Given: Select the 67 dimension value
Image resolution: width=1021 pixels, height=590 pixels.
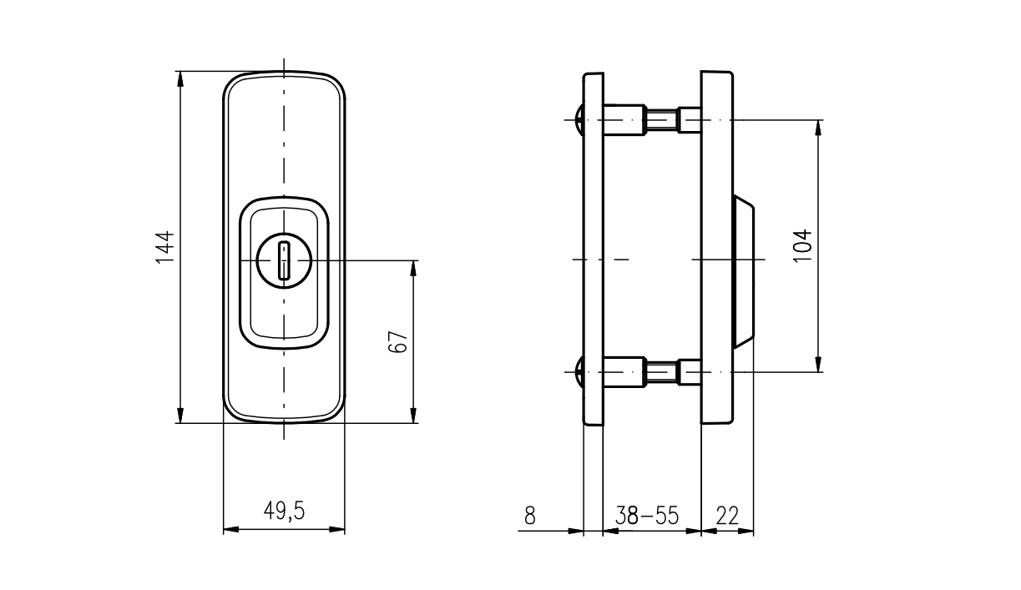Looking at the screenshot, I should click(398, 341).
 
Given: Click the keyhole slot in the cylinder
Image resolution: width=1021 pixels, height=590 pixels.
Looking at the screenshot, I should click(284, 260).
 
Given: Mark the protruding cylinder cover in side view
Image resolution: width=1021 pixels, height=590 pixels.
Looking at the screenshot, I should click(745, 271).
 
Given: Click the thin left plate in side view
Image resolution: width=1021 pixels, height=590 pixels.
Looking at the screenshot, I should click(593, 250).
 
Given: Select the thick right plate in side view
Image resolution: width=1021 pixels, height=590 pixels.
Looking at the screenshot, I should click(717, 250).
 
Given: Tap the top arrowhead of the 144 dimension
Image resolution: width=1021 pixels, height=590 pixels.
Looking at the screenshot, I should click(180, 78).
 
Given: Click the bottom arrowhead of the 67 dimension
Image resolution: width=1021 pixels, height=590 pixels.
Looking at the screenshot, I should click(412, 416).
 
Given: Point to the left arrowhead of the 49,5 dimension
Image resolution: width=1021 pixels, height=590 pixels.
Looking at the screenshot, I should click(230, 530).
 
